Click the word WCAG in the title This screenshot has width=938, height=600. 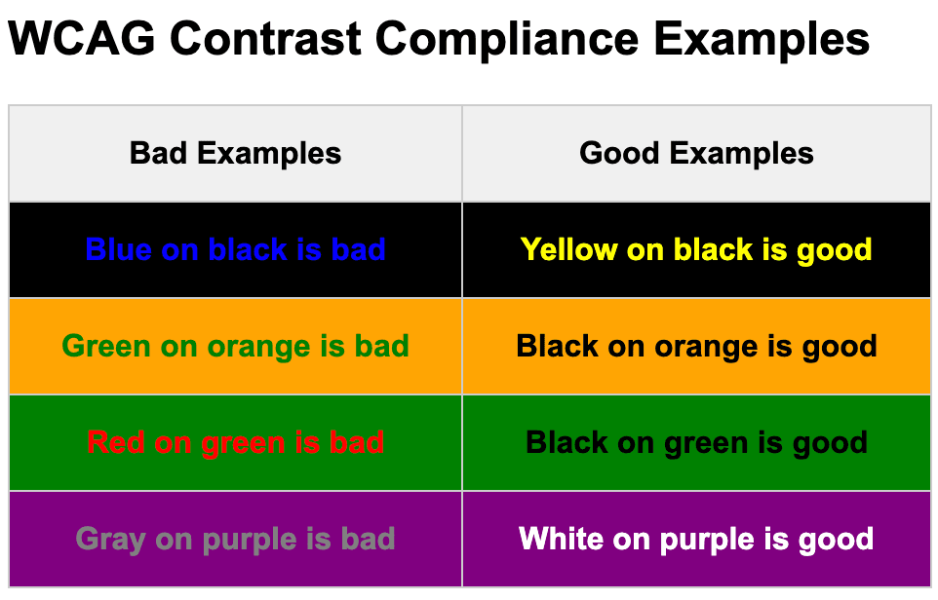pos(82,39)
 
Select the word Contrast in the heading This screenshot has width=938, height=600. pos(265,39)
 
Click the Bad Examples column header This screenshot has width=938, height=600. pos(235,153)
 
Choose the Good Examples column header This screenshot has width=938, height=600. pos(696,153)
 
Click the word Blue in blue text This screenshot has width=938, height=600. pos(118,249)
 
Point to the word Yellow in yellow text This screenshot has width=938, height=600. pos(568,249)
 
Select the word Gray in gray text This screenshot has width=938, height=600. pos(111,540)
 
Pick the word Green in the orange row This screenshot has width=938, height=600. pos(106,346)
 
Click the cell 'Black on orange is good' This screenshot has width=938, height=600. pos(696,347)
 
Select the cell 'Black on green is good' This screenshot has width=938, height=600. pos(696,443)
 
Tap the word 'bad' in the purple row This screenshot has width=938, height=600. pos(368,539)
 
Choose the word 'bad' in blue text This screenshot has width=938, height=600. pos(358,249)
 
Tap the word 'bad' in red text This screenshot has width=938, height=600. pos(357,442)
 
